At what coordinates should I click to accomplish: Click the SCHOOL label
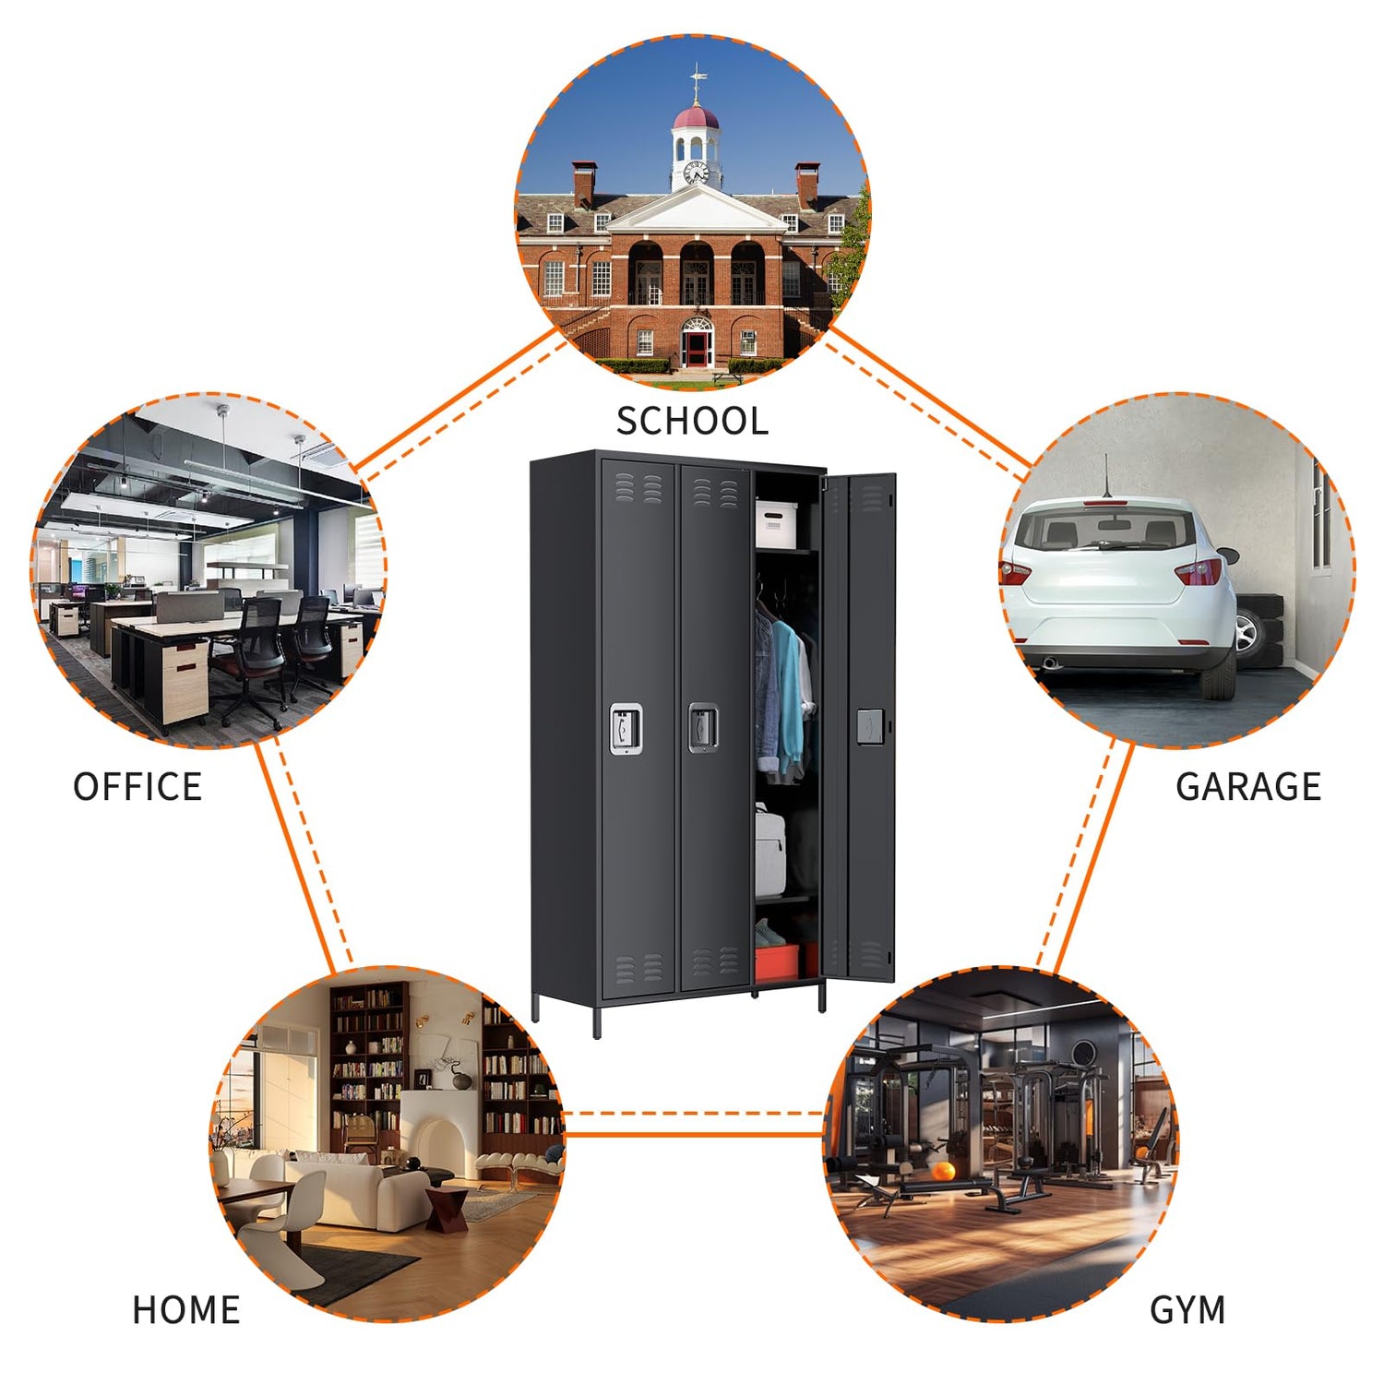[692, 422]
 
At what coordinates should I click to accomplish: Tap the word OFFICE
[137, 787]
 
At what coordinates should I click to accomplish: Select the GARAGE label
[1247, 787]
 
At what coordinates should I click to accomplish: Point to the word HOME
[186, 1310]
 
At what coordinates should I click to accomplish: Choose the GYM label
[1187, 1310]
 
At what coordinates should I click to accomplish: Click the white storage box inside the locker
[776, 523]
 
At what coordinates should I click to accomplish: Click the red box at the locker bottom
[777, 961]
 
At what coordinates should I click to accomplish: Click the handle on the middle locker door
[703, 727]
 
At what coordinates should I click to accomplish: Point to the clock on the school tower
[696, 172]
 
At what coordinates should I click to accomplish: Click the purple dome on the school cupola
[696, 118]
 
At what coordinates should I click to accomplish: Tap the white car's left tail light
[1014, 572]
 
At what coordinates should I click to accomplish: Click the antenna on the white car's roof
[1107, 475]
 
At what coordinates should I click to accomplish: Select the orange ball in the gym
[943, 1172]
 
